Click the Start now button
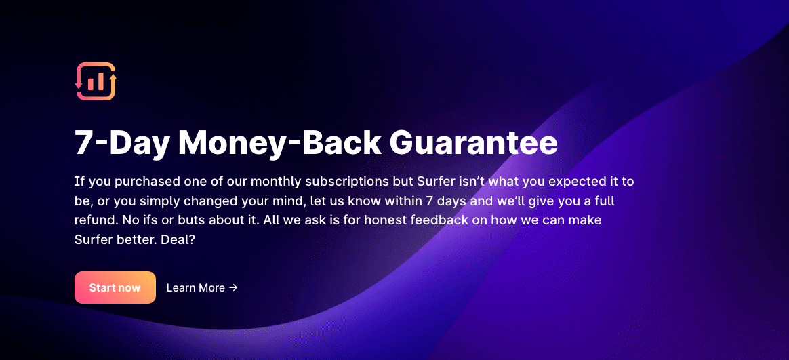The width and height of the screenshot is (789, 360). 115,287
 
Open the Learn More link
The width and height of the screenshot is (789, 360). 202,288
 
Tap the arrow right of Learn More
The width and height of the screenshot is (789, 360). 233,288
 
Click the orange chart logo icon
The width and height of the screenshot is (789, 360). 96,81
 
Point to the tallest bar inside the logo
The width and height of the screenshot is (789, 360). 100,81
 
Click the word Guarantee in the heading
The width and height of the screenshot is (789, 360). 474,143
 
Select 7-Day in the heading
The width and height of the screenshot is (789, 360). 121,143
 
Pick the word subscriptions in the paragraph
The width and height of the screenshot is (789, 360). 358,181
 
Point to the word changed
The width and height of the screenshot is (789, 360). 205,201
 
